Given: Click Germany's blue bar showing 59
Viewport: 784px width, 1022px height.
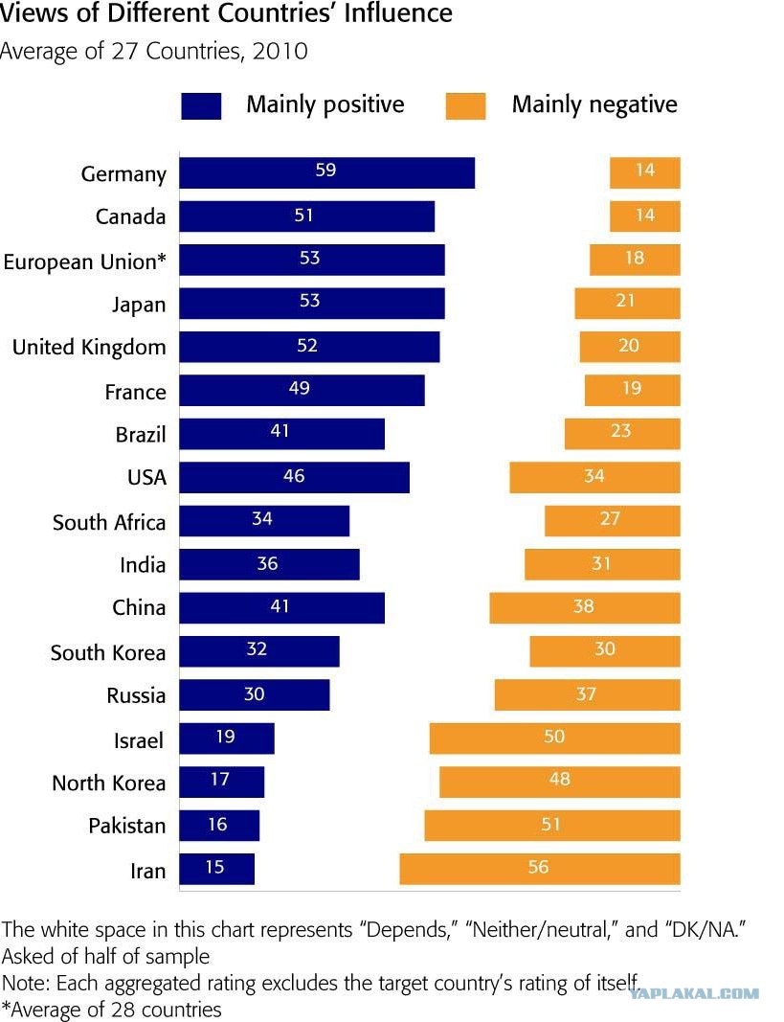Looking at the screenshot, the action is point(326,172).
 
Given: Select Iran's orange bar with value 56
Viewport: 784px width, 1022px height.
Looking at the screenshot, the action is point(540,869).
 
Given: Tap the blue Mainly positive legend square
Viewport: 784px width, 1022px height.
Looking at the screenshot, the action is point(201,106).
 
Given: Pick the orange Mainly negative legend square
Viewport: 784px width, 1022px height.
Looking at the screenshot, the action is point(465,106).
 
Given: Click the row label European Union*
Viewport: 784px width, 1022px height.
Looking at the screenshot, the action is point(84,261).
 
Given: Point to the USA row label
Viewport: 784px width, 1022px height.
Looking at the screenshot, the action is point(147,477).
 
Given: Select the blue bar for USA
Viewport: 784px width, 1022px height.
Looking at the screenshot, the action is point(294,477).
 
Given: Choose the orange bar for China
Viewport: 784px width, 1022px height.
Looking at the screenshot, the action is point(585,607).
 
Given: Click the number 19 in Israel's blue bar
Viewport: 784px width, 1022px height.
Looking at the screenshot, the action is point(225,737).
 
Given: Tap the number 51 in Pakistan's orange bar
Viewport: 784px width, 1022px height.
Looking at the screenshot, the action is point(550,824).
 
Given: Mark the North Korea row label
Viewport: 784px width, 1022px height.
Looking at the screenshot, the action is point(109,783).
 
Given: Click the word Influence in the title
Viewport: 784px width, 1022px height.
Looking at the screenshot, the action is point(398,13).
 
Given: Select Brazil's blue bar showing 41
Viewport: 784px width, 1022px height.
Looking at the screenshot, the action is point(282,434).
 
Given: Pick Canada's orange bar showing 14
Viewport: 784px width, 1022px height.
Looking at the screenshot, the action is point(644,216).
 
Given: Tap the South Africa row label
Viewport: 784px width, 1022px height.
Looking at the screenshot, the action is point(109,522).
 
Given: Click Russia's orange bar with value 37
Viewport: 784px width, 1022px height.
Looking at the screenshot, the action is point(588,694).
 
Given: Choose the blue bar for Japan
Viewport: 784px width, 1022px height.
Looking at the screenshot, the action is point(312,304).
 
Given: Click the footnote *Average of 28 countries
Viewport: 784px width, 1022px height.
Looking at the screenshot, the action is point(111,1010).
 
